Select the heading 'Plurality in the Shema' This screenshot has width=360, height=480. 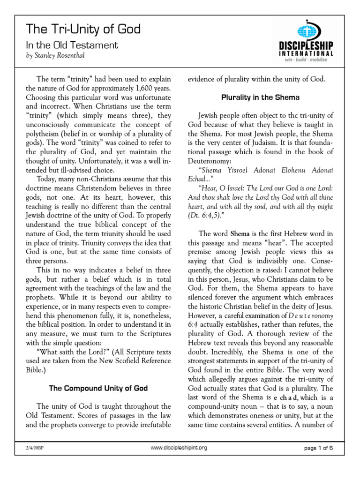261,97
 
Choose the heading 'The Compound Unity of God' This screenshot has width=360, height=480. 99,388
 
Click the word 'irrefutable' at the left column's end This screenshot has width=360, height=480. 153,426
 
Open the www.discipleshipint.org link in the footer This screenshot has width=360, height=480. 179,448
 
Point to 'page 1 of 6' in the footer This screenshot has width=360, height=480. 318,448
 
